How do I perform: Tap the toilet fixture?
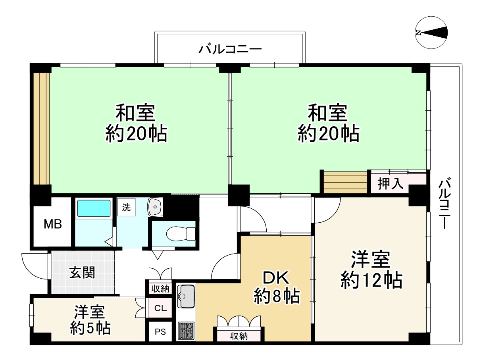181,234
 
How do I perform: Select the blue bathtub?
94,208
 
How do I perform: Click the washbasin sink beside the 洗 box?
155,207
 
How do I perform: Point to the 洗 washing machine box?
126,207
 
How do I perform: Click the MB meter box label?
53,224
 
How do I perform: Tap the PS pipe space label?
160,331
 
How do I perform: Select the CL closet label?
160,308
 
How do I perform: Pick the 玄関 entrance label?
82,272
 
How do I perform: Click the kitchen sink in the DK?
186,296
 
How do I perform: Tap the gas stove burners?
186,330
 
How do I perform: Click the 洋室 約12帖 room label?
371,270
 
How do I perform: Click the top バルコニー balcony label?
230,49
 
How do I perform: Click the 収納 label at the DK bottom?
239,336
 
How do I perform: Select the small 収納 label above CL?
160,289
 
